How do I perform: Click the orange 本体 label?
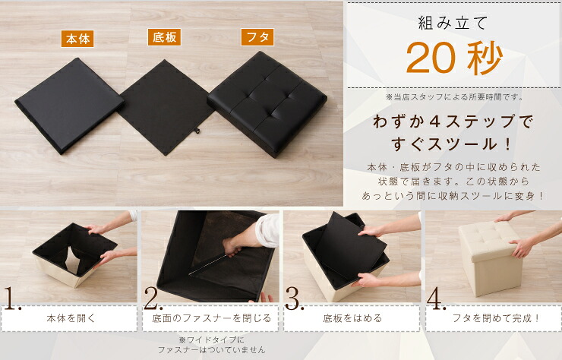77,39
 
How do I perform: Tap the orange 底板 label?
164,37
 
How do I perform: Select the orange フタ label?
257,37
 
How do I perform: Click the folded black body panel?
69,104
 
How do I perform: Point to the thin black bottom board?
166,108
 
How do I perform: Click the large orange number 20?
431,58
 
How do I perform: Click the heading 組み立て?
453,24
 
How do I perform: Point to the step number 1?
12,298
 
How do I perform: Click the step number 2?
153,298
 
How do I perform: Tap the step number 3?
294,298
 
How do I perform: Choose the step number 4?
436,298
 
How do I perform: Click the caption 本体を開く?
71,318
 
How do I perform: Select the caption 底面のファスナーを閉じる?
211,318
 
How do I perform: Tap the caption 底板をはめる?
352,318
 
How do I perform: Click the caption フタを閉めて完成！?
496,318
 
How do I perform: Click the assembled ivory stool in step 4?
490,257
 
